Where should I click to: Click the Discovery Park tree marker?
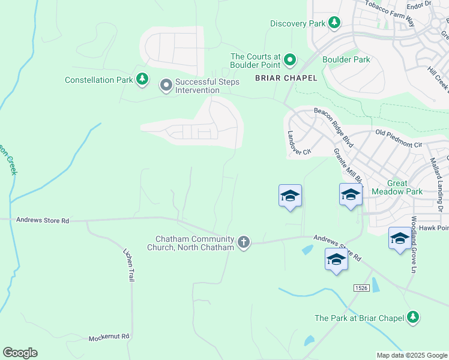tap(334, 23)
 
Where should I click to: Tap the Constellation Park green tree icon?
tap(142, 80)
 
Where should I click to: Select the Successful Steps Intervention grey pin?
tap(166, 86)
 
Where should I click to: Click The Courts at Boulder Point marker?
tap(290, 60)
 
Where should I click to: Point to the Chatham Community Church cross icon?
tap(243, 242)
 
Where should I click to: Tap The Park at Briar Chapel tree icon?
tap(412, 318)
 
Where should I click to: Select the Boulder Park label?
tap(346, 59)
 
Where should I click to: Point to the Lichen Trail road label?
tap(128, 265)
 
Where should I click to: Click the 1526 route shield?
tap(361, 289)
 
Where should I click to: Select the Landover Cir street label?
tap(298, 143)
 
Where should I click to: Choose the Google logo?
tap(20, 353)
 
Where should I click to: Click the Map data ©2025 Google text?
tap(411, 355)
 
